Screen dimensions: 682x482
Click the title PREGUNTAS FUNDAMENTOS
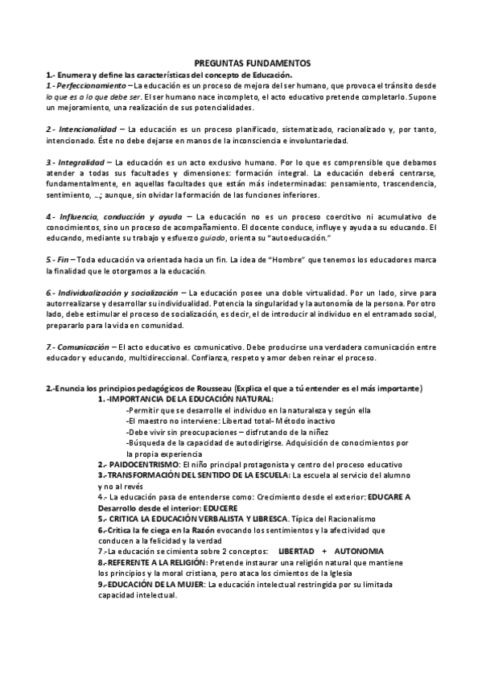[241, 63]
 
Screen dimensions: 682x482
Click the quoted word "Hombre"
[253, 260]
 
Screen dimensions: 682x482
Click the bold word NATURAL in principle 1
[253, 399]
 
